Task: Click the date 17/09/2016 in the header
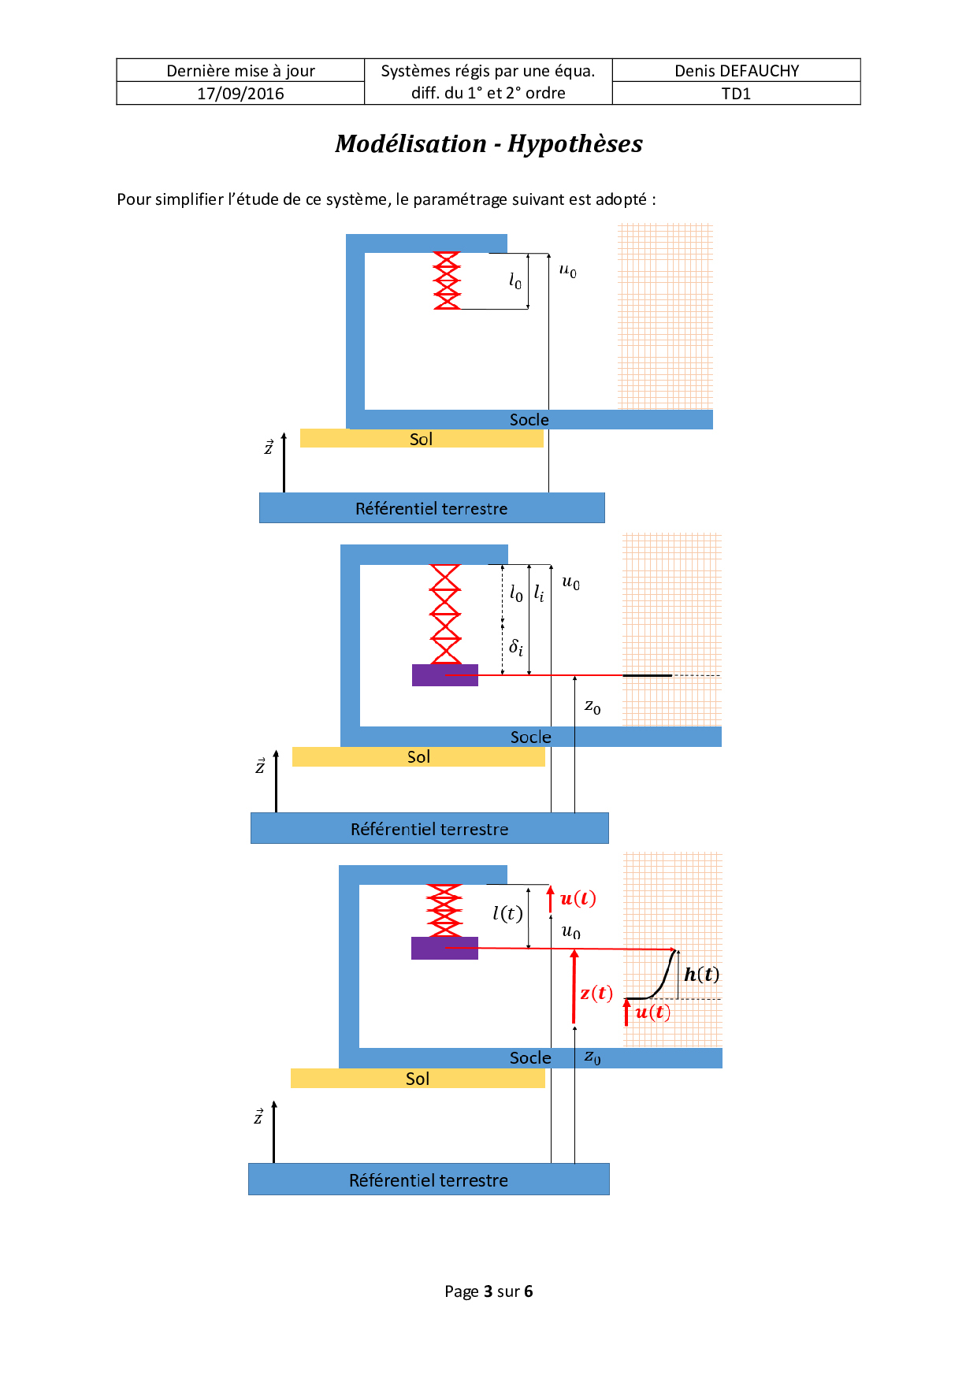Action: (x=240, y=94)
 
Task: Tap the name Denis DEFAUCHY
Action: (x=737, y=71)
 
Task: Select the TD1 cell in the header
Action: (x=736, y=94)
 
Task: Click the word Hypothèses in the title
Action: (x=574, y=144)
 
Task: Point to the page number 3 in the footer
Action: (x=489, y=1291)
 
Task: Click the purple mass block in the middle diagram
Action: (x=444, y=675)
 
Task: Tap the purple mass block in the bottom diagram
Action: (x=444, y=948)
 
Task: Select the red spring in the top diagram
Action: (x=447, y=280)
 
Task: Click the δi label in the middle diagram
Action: (x=516, y=648)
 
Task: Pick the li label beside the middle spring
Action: (x=539, y=593)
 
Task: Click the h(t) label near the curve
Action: (x=701, y=975)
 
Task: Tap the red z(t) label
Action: (x=596, y=993)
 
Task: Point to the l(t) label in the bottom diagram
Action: (x=507, y=913)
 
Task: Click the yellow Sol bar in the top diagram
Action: (x=422, y=439)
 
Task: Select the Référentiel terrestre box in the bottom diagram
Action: (x=429, y=1180)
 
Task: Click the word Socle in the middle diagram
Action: (x=530, y=737)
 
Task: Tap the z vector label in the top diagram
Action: (x=269, y=448)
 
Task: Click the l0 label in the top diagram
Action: (x=515, y=280)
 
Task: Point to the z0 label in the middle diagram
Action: (x=593, y=707)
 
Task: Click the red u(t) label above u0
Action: (x=578, y=899)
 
